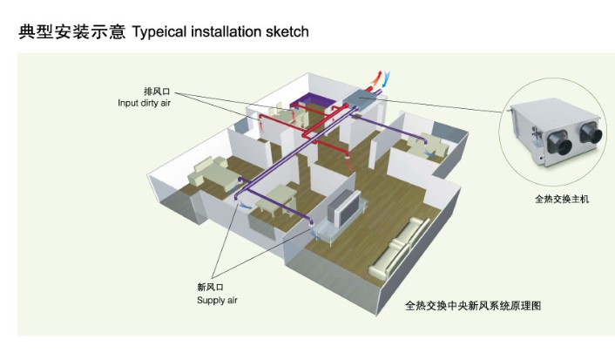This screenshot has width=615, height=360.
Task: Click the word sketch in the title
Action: click(x=286, y=32)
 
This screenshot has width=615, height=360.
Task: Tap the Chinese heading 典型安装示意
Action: click(x=69, y=32)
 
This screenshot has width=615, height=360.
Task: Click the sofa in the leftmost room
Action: click(x=209, y=175)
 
